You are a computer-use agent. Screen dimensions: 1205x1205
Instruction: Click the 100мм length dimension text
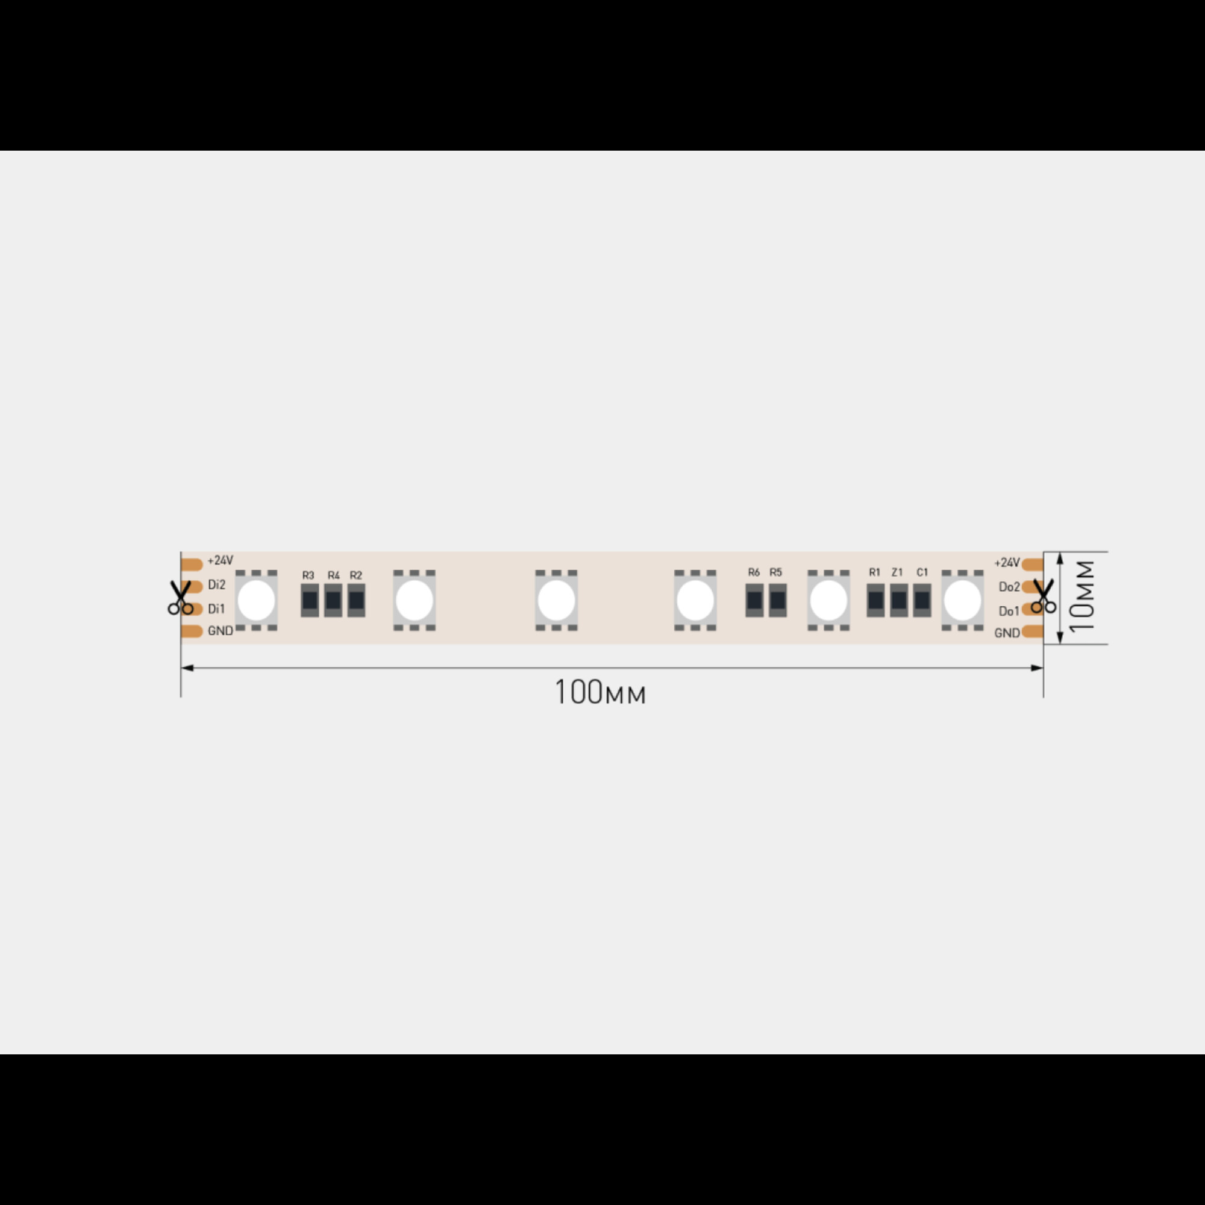(x=600, y=692)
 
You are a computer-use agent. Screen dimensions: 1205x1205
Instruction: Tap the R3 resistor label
(x=308, y=575)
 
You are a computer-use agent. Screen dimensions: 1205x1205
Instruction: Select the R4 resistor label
(x=334, y=575)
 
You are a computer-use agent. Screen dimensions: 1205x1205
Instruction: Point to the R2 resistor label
(x=356, y=575)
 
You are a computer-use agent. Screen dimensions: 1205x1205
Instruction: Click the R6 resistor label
(x=754, y=572)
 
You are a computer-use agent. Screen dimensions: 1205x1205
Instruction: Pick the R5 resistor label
(x=776, y=572)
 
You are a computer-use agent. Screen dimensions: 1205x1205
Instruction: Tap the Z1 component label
(x=898, y=572)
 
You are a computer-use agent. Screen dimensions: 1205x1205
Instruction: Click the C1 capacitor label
(x=922, y=572)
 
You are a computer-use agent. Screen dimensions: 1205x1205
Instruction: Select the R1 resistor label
(x=874, y=572)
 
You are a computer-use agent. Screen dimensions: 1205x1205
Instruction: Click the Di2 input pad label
(x=216, y=584)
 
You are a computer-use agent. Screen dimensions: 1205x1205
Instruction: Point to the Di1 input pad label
(x=216, y=609)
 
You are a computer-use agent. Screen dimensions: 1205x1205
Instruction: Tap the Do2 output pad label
(x=1009, y=587)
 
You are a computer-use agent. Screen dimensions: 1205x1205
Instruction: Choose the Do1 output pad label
(x=1009, y=611)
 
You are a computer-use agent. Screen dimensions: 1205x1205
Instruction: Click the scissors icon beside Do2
(x=1044, y=596)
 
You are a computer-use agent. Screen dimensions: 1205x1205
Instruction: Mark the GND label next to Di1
(x=220, y=631)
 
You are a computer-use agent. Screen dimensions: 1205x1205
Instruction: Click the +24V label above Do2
(x=1007, y=563)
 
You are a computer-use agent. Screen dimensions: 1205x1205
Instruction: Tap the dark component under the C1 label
(x=922, y=600)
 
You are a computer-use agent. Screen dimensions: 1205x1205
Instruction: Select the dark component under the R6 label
(x=755, y=600)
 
